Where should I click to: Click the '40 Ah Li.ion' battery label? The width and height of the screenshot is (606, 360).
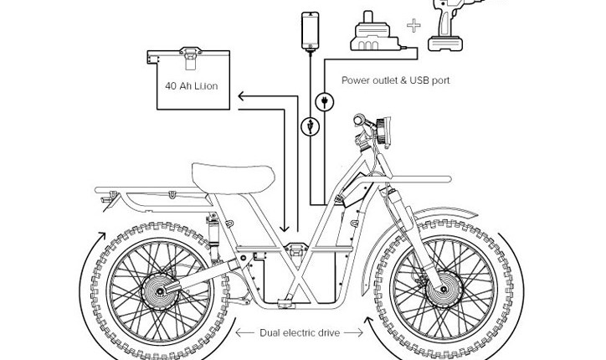click(x=191, y=86)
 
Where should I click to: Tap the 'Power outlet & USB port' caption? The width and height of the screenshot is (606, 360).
click(x=395, y=80)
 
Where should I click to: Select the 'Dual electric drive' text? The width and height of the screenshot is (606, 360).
click(x=300, y=333)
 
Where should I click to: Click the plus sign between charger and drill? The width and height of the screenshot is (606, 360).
click(x=413, y=26)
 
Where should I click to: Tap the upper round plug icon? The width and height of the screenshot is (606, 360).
click(x=324, y=102)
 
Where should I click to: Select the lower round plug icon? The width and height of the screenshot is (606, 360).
click(x=311, y=127)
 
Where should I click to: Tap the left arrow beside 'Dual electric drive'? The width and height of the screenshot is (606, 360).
click(x=244, y=333)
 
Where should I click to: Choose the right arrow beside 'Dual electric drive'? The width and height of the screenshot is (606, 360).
click(x=355, y=333)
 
